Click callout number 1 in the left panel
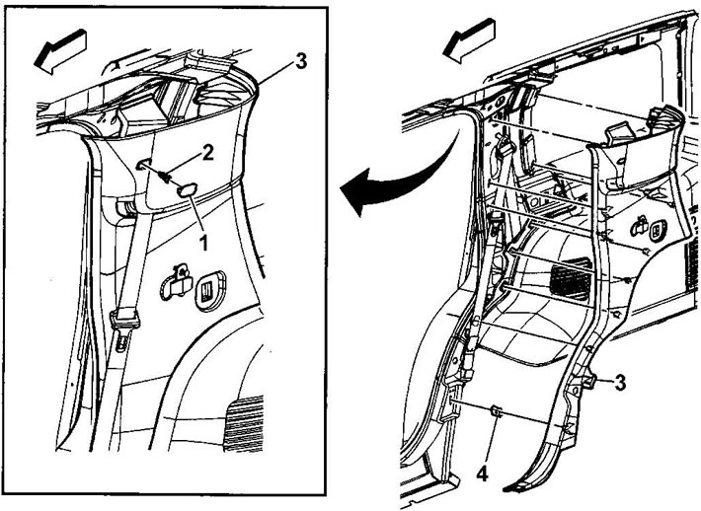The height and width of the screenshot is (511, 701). pos(203,243)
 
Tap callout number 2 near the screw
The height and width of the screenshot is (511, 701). pos(207,153)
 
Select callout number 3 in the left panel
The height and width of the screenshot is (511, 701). pos(301,61)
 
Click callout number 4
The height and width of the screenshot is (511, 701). pos(482,474)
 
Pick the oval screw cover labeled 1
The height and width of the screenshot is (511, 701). pos(186,190)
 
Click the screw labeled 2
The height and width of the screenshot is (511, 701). pos(166,177)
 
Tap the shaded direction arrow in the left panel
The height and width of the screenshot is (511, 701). pos(60,51)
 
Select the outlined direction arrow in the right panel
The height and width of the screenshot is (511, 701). pos(469,41)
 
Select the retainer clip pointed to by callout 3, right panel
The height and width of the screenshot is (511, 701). pos(588,369)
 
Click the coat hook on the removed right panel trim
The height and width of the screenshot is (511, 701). pos(640,226)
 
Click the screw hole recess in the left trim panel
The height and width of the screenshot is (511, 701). pos(142,164)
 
